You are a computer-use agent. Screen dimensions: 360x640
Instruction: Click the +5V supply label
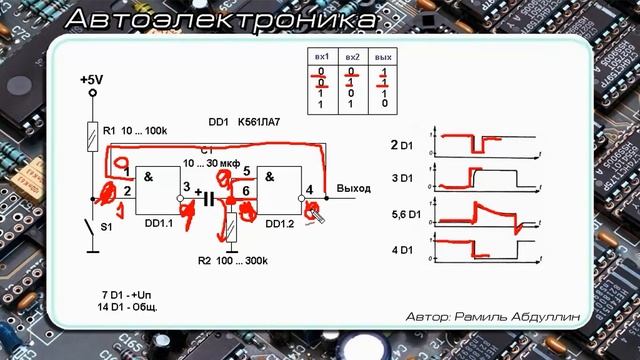click(90, 79)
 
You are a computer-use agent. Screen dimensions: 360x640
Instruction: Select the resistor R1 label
click(111, 132)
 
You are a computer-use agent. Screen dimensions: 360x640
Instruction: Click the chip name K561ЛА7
click(258, 123)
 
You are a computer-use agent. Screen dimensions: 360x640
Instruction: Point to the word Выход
click(353, 188)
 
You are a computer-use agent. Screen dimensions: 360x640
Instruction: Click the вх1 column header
click(322, 59)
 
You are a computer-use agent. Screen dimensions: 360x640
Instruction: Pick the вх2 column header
click(352, 59)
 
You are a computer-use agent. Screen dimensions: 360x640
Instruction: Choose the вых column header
click(383, 59)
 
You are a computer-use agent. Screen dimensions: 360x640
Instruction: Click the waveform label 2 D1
click(402, 145)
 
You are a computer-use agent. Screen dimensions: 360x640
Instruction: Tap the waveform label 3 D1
click(402, 180)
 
